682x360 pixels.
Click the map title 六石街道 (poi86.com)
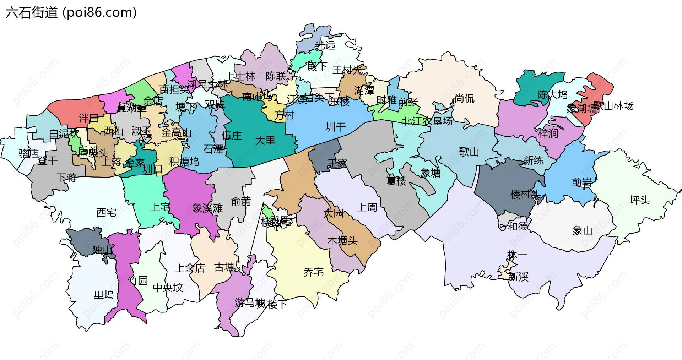[x=71, y=13]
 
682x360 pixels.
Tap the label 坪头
[x=639, y=200]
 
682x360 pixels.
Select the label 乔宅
[x=314, y=272]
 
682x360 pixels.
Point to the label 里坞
[x=104, y=295]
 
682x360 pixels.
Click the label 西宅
[x=106, y=213]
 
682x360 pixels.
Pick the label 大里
[x=265, y=141]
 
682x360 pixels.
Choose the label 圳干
[x=336, y=127]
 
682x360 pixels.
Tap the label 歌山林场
[x=613, y=105]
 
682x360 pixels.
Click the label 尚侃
[x=464, y=98]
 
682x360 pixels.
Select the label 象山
[x=582, y=231]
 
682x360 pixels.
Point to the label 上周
[x=367, y=207]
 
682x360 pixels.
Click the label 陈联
[x=276, y=76]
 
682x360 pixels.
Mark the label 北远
[x=325, y=45]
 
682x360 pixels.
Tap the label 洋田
[x=89, y=118]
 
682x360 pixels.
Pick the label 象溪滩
[x=207, y=208]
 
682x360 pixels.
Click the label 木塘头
[x=342, y=241]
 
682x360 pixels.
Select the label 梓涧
[x=548, y=133]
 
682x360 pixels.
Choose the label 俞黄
[x=241, y=202]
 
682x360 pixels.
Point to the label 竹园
[x=138, y=280]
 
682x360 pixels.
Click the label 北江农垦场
[x=427, y=121]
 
